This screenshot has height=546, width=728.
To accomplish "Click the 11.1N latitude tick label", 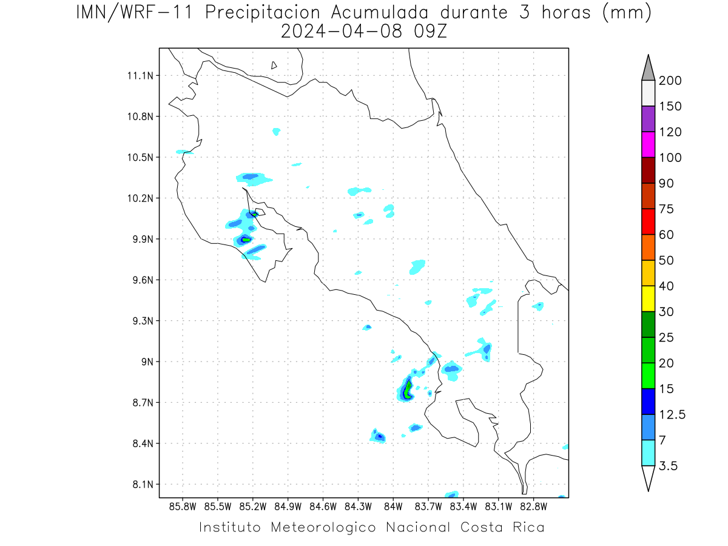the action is [140, 76].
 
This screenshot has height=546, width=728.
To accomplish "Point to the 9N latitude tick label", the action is [147, 362].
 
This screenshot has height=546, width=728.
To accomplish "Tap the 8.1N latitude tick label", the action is [143, 484].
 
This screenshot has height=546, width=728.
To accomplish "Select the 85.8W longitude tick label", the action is [183, 507].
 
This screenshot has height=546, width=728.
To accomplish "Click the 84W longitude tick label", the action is [393, 507].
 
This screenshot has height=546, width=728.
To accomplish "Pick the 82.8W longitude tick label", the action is [533, 507].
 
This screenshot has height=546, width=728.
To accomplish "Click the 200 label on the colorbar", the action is [670, 81].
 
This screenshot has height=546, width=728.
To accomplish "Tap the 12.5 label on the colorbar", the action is [672, 414].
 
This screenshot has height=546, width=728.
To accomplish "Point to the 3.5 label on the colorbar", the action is [668, 466].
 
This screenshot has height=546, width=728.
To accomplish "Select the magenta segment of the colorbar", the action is [648, 144].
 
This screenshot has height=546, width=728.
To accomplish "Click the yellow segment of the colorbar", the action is [648, 298].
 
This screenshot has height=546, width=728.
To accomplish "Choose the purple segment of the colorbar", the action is [648, 119].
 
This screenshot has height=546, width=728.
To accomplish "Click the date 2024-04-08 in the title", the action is [342, 32].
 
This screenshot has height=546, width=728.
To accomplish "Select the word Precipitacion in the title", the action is [262, 13].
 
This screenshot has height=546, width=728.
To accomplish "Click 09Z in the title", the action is [430, 32].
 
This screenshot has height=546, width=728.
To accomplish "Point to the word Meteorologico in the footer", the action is [323, 527].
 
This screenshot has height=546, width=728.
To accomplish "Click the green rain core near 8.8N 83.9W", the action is [408, 390].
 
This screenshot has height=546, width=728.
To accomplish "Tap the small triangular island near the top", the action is [274, 66].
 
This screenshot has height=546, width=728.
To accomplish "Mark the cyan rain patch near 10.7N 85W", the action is [276, 132].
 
